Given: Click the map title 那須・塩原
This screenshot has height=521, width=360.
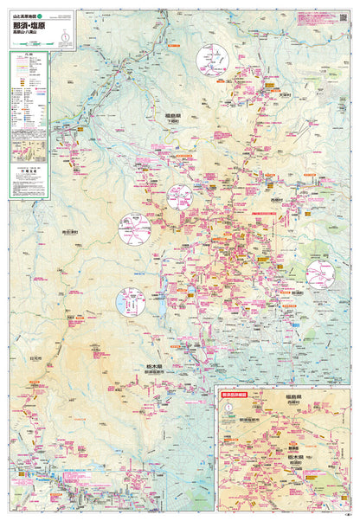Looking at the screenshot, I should (x=33, y=27).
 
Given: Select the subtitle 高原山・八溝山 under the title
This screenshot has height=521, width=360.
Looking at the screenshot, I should (x=29, y=37).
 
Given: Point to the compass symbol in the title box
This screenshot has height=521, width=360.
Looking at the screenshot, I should (x=67, y=35).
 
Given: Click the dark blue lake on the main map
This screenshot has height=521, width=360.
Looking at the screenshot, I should (x=162, y=306).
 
